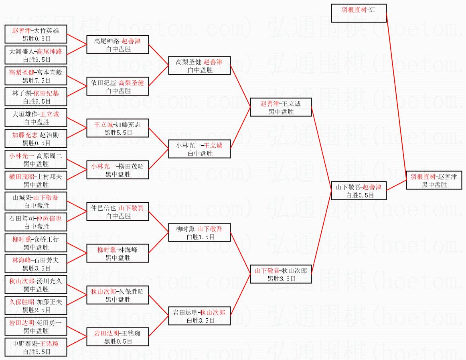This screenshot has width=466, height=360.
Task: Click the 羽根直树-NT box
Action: pyautogui.click(x=359, y=13)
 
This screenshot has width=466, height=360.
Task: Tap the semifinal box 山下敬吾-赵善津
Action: pyautogui.click(x=359, y=191)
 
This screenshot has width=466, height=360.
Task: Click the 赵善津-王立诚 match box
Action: pyautogui.click(x=281, y=108)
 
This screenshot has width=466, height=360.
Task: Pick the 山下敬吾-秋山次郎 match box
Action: pyautogui.click(x=281, y=275)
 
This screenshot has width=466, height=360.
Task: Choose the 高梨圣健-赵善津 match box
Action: pyautogui.click(x=199, y=66)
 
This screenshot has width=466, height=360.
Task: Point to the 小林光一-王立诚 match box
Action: pyautogui.click(x=199, y=149)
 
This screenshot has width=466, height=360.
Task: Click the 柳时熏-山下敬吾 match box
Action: pyautogui.click(x=199, y=233)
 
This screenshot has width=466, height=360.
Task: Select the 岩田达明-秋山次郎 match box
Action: pyautogui.click(x=199, y=316)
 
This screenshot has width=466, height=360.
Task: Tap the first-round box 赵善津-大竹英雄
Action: pyautogui.click(x=36, y=35)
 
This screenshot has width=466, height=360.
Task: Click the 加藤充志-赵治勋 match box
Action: pyautogui.click(x=36, y=139)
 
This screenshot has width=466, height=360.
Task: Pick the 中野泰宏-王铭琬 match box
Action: pyautogui.click(x=36, y=348)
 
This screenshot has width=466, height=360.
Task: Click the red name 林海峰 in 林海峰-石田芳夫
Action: pyautogui.click(x=21, y=260)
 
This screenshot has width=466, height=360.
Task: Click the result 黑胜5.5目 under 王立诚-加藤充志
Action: pyautogui.click(x=118, y=132)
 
